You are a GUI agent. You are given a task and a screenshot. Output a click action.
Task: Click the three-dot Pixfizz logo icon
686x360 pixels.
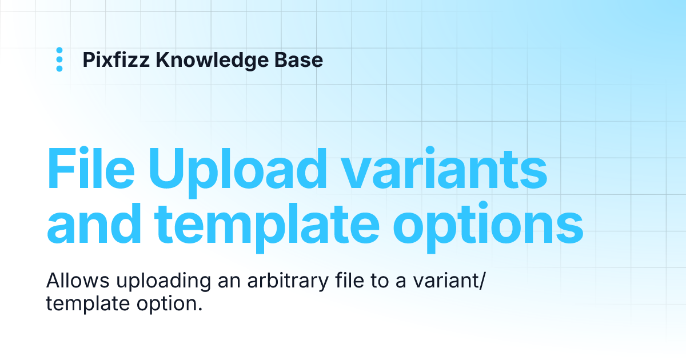tap(59, 60)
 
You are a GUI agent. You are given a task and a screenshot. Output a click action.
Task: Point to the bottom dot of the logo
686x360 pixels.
tap(59, 69)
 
